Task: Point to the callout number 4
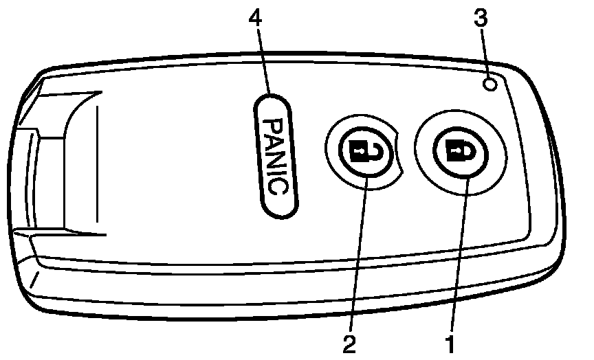click(256, 19)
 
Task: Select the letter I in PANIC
click(276, 172)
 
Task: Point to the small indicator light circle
click(490, 85)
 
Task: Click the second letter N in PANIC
click(275, 157)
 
